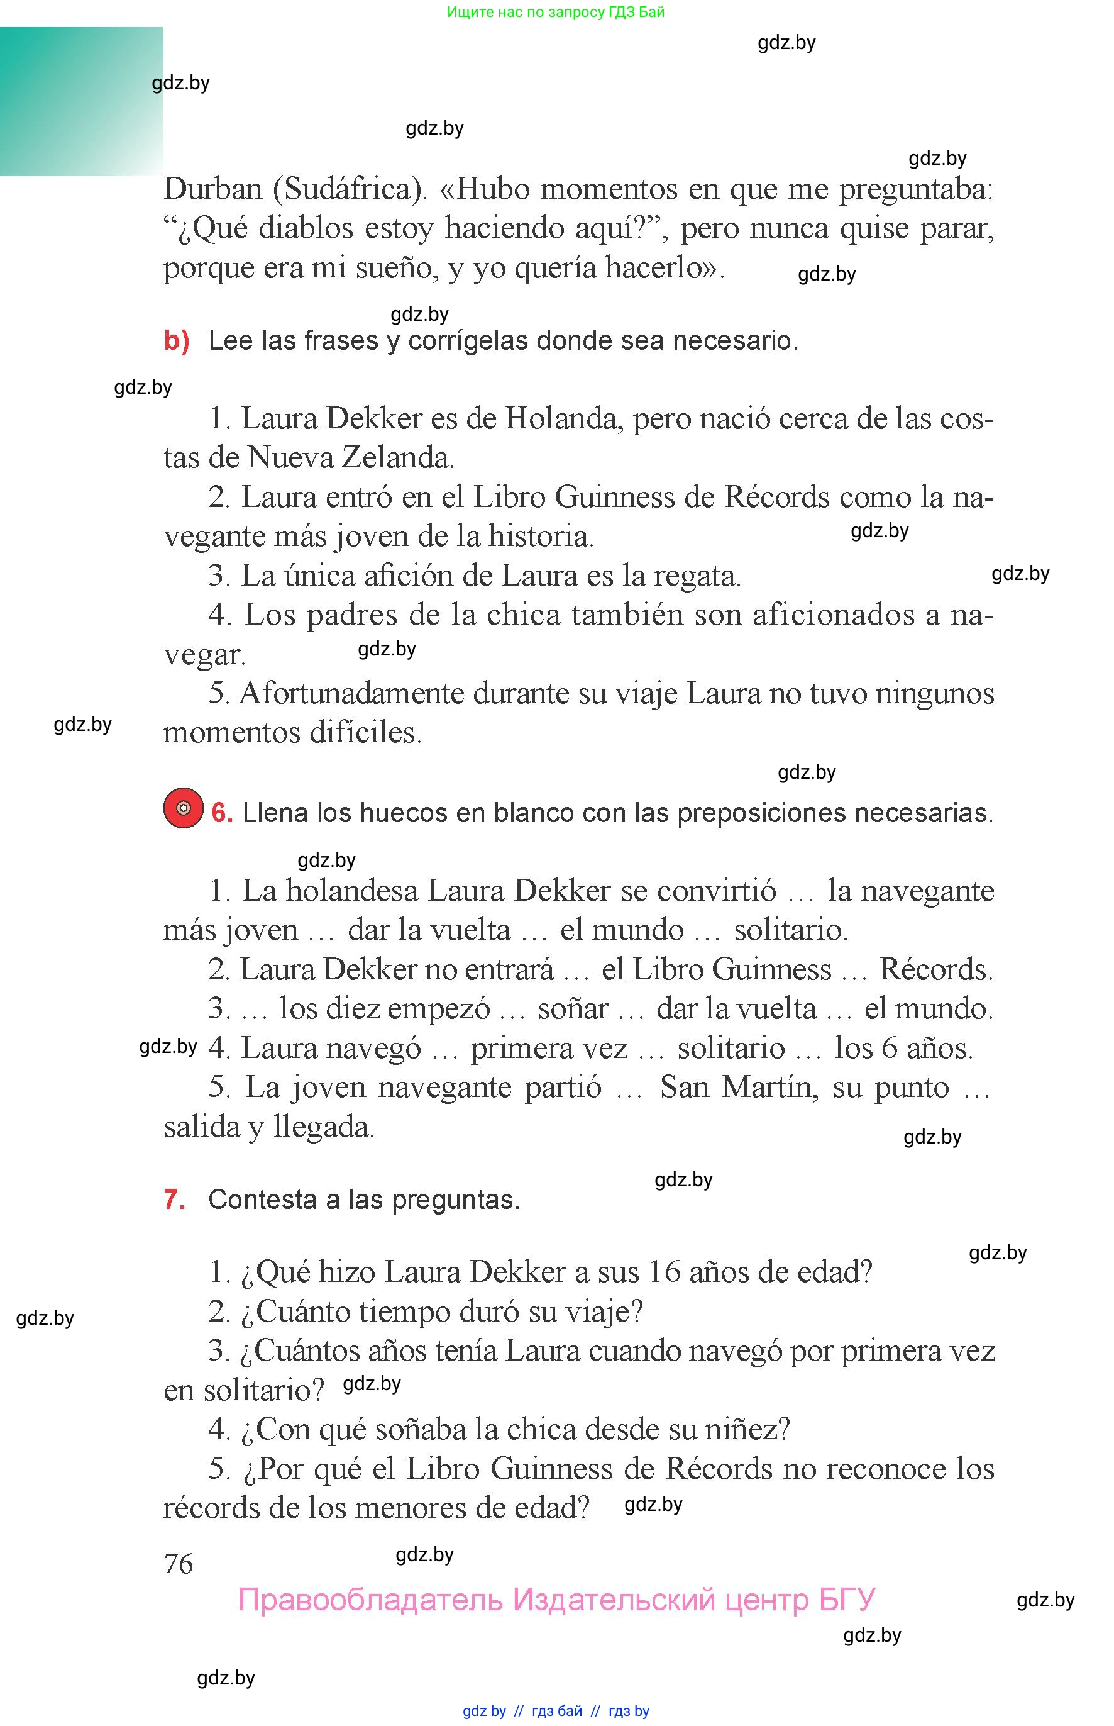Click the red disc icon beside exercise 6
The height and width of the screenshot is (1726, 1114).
pyautogui.click(x=183, y=808)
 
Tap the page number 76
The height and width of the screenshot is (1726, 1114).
pyautogui.click(x=178, y=1564)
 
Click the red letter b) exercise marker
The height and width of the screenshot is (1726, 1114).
pyautogui.click(x=177, y=340)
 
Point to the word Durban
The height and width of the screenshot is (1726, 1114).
pyautogui.click(x=212, y=189)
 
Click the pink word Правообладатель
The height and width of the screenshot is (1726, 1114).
pyautogui.click(x=370, y=1600)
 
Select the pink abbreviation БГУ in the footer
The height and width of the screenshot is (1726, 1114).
pyautogui.click(x=847, y=1600)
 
